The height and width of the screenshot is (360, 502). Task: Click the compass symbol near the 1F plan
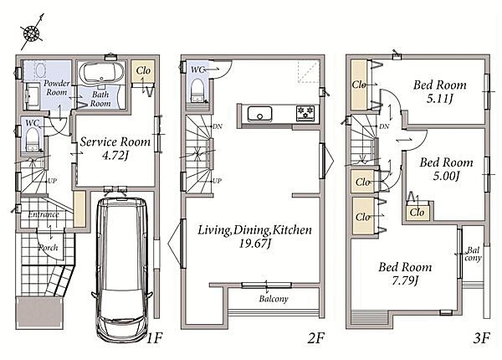pyautogui.click(x=32, y=33)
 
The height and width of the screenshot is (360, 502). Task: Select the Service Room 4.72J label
pyautogui.click(x=115, y=148)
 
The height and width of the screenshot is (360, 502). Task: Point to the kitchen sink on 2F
pyautogui.click(x=259, y=114)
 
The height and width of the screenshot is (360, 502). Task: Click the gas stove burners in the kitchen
pyautogui.click(x=305, y=113)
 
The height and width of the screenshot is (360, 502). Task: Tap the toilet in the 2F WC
pyautogui.click(x=197, y=90)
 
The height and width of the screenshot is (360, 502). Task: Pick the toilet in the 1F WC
pyautogui.click(x=32, y=139)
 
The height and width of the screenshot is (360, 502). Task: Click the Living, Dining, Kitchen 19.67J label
pyautogui.click(x=254, y=237)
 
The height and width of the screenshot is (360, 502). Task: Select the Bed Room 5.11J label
pyautogui.click(x=439, y=91)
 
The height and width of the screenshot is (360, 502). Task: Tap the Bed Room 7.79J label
pyautogui.click(x=405, y=274)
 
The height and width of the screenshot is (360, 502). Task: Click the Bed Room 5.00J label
pyautogui.click(x=446, y=169)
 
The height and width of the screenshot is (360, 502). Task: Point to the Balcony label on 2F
pyautogui.click(x=274, y=299)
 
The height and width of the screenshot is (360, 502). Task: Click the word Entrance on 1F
pyautogui.click(x=44, y=214)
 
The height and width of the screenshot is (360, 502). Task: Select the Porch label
pyautogui.click(x=48, y=248)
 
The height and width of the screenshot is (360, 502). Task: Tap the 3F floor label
pyautogui.click(x=482, y=338)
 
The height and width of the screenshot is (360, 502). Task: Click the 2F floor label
pyautogui.click(x=316, y=338)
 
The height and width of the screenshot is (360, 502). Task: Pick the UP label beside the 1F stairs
pyautogui.click(x=52, y=181)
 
